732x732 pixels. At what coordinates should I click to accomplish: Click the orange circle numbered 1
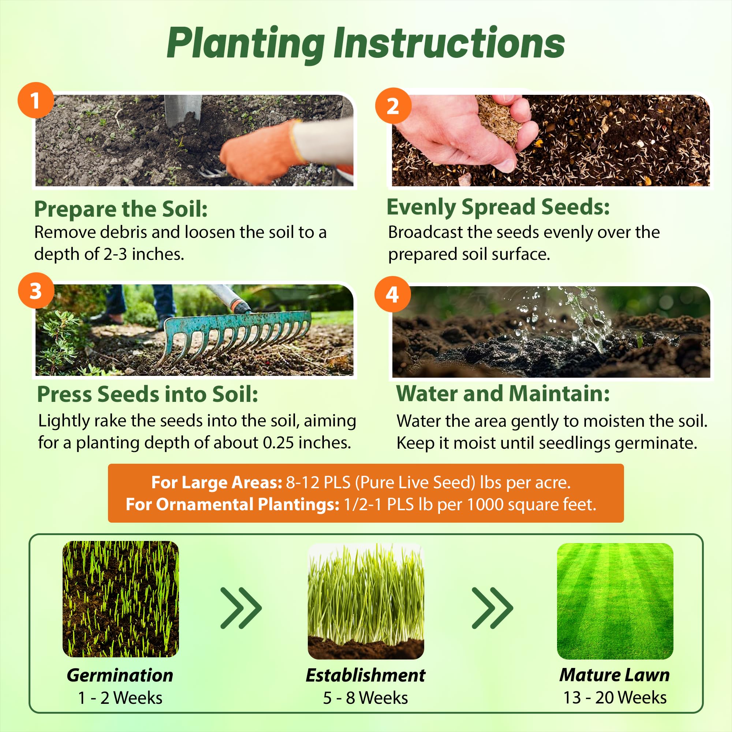(36, 100)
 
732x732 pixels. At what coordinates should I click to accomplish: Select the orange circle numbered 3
(36, 291)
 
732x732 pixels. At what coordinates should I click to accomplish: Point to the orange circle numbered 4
(392, 294)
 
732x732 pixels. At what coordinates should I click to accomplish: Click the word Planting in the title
(246, 45)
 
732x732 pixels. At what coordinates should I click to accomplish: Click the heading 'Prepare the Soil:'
(121, 209)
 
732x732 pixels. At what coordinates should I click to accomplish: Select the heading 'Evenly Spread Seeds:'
(498, 208)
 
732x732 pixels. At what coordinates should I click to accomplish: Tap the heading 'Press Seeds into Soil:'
(148, 394)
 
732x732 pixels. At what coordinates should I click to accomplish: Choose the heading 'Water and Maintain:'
(503, 393)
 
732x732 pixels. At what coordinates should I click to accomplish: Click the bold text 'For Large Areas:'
(217, 482)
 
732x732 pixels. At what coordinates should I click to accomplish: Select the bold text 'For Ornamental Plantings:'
(232, 504)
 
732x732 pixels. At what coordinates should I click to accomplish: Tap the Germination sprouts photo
(120, 599)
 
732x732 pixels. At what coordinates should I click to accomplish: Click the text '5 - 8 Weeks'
(365, 698)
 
